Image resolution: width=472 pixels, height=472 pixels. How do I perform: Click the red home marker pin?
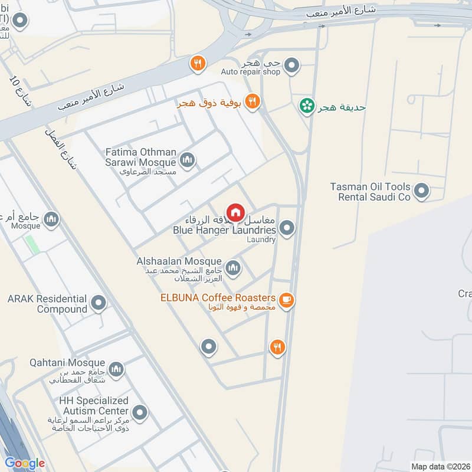235,212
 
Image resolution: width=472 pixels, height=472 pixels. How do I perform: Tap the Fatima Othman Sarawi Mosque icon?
188,160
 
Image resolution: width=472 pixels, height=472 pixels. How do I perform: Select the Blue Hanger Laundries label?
224,230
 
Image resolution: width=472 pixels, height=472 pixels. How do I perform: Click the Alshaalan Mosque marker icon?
233,268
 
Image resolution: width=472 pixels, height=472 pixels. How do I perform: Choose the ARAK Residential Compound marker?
99,304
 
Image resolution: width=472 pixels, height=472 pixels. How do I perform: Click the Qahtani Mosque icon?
116,369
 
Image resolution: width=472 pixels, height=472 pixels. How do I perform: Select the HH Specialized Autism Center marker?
140,412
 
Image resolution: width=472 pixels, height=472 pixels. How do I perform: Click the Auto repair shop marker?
291,68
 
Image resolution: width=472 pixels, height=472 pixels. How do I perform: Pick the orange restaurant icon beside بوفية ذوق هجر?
253,101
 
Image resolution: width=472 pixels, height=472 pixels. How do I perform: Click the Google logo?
24,463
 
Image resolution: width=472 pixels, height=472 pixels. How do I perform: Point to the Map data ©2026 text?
440,466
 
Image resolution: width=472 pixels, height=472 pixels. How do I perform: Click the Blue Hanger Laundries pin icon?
287,228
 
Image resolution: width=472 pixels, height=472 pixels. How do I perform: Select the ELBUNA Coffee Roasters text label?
218,297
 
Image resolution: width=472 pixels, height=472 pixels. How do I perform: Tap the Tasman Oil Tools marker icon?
421,191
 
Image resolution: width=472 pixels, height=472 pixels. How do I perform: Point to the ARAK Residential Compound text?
47,304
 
